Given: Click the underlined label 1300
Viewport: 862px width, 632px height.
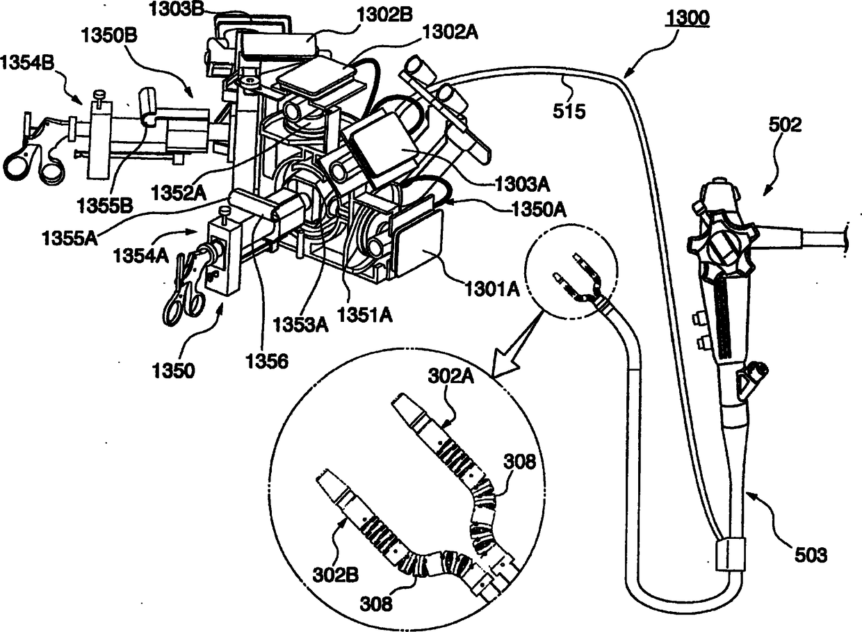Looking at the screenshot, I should pyautogui.click(x=686, y=19).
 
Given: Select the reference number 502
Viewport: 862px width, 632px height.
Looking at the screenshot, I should pyautogui.click(x=786, y=126).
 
